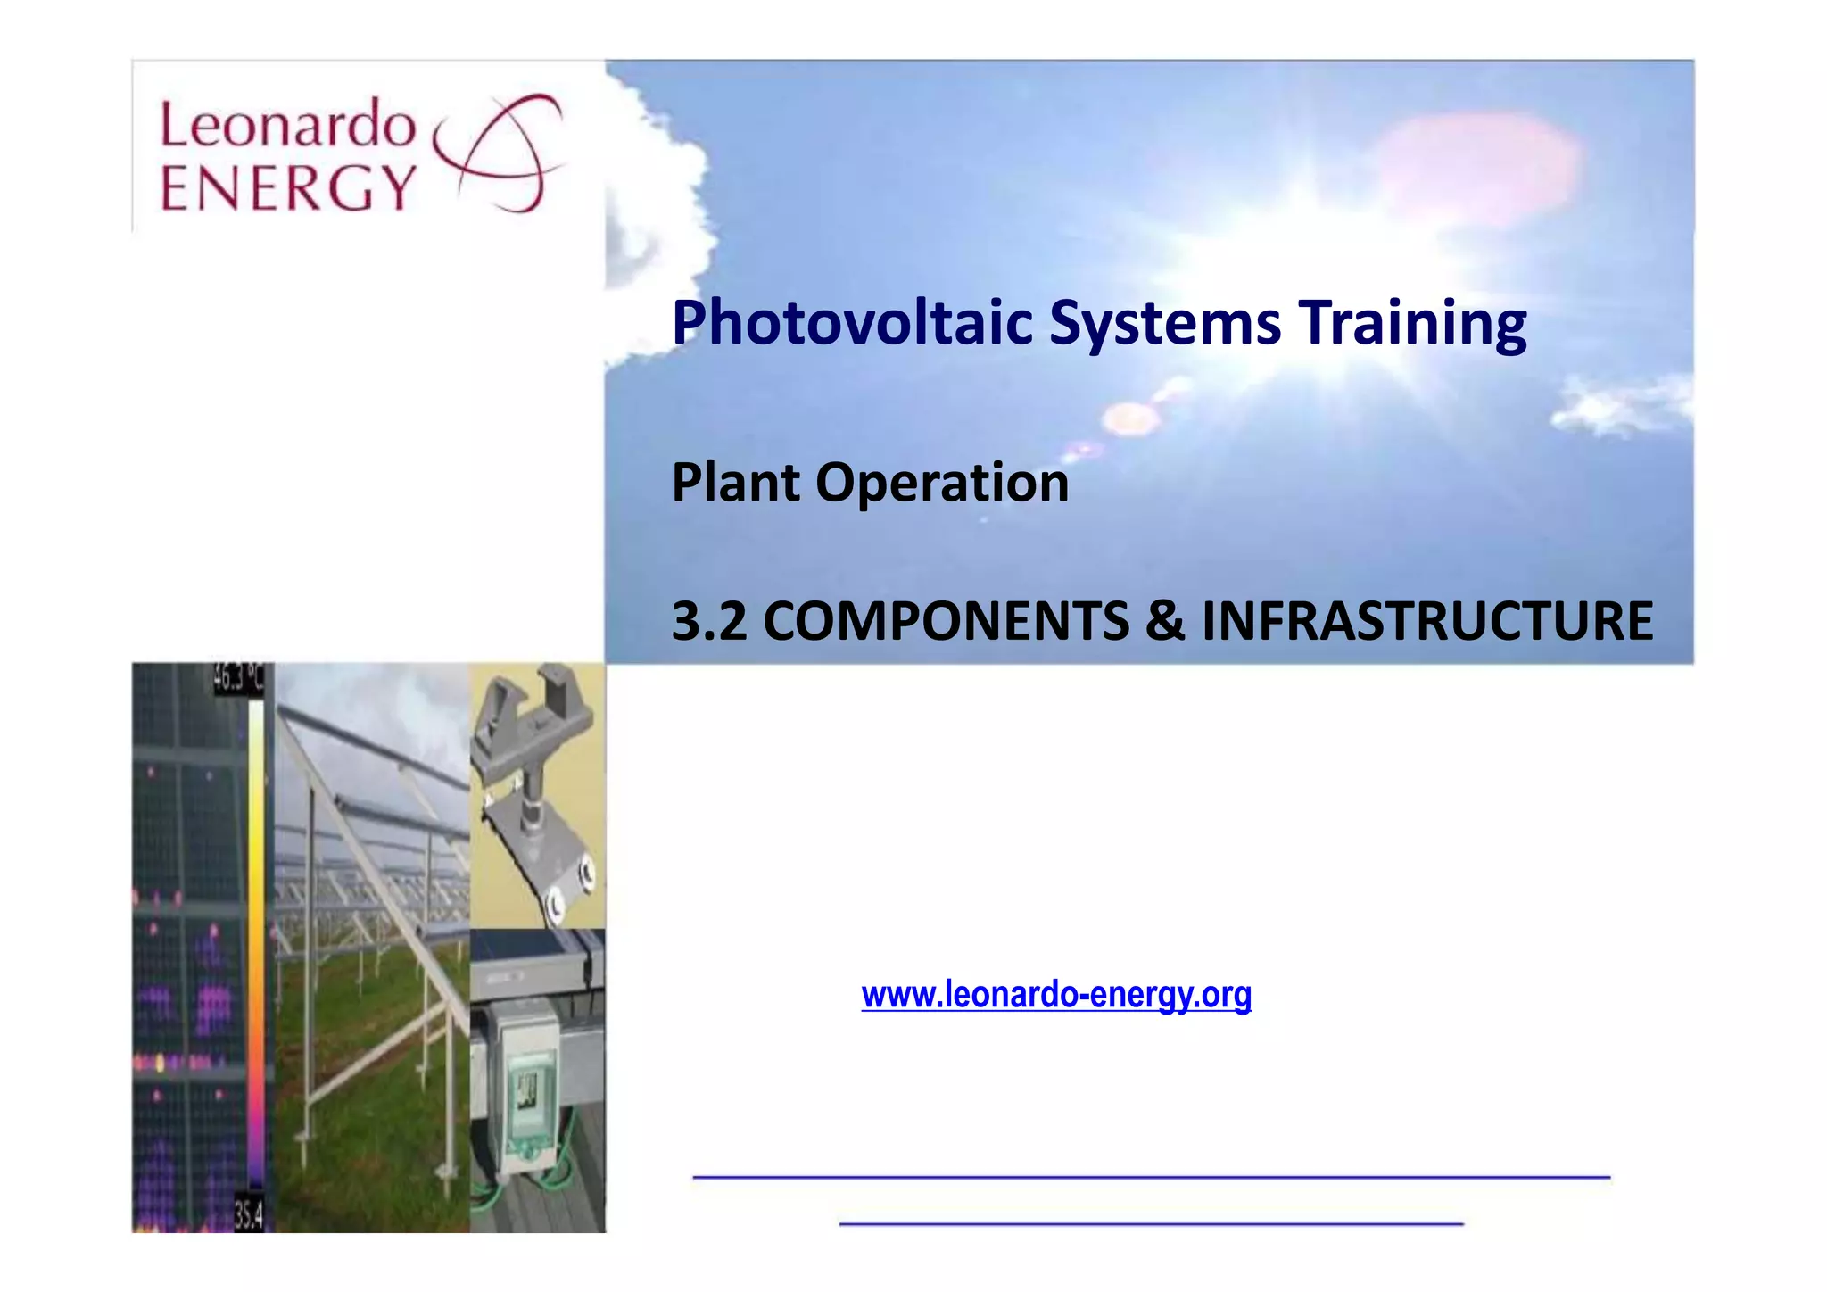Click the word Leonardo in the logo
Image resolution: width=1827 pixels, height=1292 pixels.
(x=287, y=125)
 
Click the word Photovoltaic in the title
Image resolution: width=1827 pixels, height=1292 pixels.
(x=852, y=323)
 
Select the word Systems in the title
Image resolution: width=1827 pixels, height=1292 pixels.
(x=1165, y=323)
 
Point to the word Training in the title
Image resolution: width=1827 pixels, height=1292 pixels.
(x=1412, y=323)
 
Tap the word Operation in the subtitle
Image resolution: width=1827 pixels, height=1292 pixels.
(x=942, y=483)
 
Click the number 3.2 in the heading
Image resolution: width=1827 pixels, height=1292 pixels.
(x=708, y=621)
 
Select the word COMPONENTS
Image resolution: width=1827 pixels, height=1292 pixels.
(x=947, y=621)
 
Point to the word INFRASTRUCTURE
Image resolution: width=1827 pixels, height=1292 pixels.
(x=1427, y=621)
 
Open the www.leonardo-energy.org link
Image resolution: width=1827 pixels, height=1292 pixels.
(x=1056, y=994)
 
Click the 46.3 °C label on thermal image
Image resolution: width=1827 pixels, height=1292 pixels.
(x=237, y=680)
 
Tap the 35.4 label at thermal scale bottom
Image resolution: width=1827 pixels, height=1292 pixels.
(x=249, y=1214)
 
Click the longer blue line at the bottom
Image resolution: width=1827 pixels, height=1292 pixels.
(x=1151, y=1178)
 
